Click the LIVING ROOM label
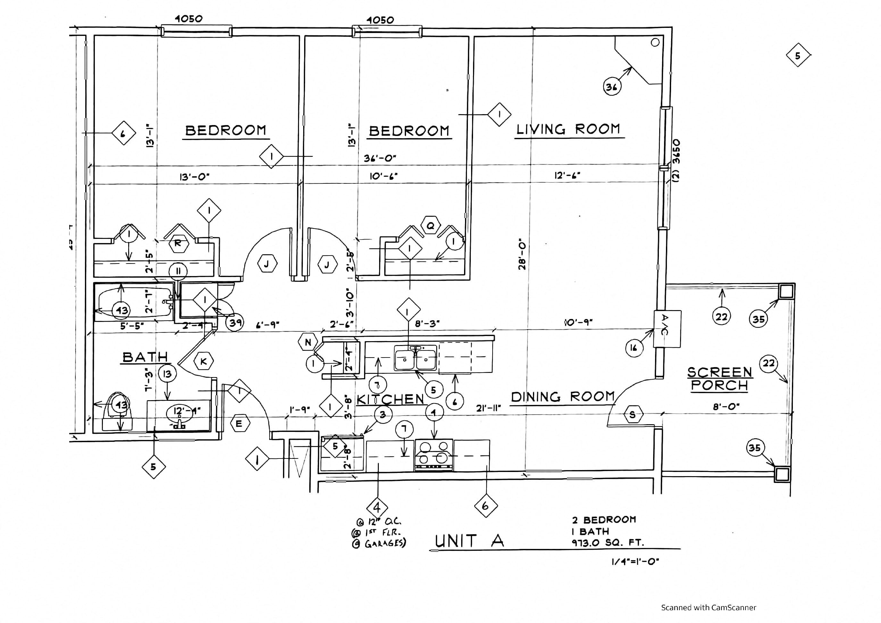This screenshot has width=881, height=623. click(568, 129)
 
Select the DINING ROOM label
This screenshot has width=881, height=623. click(563, 397)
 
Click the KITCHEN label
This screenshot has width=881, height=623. click(390, 399)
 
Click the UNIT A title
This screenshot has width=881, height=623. click(469, 541)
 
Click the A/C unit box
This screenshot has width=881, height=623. click(667, 329)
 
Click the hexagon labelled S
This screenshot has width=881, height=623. click(632, 414)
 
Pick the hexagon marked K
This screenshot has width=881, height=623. click(204, 361)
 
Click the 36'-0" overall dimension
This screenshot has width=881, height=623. click(379, 158)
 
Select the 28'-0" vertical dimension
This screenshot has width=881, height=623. click(522, 255)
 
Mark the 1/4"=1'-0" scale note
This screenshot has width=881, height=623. click(635, 561)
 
